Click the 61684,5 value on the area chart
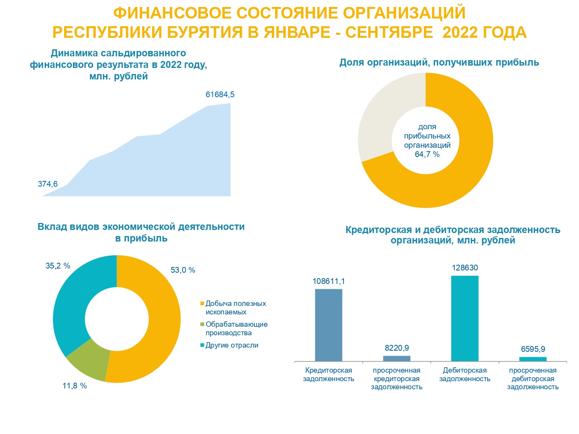click(x=220, y=95)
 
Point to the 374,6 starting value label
click(x=47, y=184)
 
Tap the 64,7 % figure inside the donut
click(x=427, y=154)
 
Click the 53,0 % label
click(x=183, y=270)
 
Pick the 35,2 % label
click(x=58, y=266)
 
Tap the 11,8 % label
click(x=74, y=386)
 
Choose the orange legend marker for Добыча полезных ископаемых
click(x=202, y=304)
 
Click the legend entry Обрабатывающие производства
click(x=236, y=329)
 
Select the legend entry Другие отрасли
click(x=232, y=345)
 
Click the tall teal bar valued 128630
click(x=465, y=318)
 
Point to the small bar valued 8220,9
click(x=396, y=358)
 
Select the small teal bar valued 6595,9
click(x=533, y=359)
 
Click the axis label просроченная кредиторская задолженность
click(x=396, y=378)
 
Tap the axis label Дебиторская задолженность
click(x=465, y=375)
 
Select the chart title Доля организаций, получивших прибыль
click(x=439, y=62)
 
